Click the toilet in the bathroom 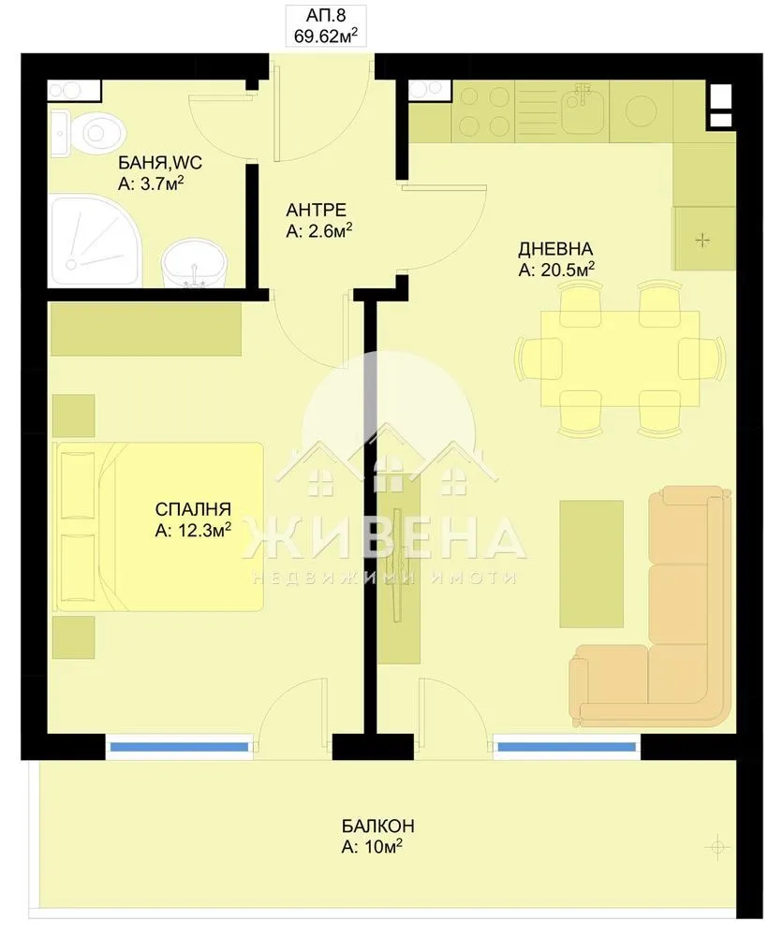coord(97,130)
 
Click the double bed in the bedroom coord(157,527)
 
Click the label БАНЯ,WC coord(160,163)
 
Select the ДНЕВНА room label coord(554,249)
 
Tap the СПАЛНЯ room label coord(192,510)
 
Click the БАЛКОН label coord(377,826)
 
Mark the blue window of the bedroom coord(180,747)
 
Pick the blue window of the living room coord(565,747)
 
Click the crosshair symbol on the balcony coord(718,847)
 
